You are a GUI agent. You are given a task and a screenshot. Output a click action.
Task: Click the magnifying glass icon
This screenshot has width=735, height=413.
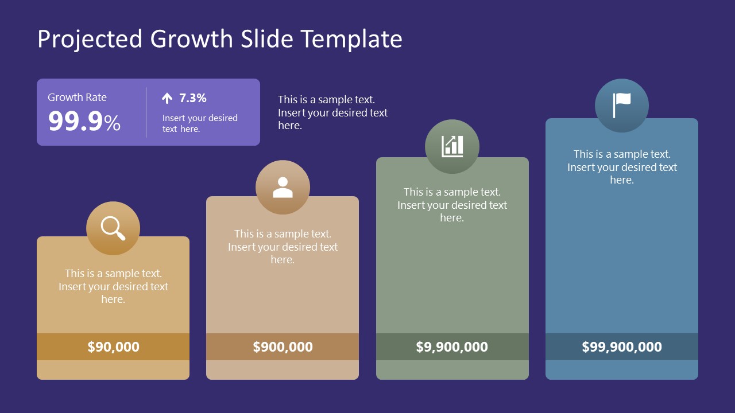click(113, 228)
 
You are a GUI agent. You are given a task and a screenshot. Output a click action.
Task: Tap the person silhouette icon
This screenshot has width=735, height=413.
click(283, 188)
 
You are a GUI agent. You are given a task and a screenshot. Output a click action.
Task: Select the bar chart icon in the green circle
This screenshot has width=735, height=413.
click(452, 146)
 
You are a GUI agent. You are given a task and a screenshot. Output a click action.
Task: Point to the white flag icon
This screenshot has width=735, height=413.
click(621, 105)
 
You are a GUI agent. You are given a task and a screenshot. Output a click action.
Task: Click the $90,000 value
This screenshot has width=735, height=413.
click(113, 346)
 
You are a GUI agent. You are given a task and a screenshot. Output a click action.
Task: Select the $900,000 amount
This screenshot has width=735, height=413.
click(283, 346)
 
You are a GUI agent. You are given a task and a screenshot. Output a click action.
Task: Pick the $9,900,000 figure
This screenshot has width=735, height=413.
click(452, 346)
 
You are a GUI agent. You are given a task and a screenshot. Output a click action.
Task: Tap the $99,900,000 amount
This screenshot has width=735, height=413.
click(621, 346)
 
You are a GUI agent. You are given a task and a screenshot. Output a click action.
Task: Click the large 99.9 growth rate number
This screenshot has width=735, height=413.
click(75, 122)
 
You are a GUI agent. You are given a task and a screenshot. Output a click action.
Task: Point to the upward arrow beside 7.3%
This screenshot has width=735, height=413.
click(167, 98)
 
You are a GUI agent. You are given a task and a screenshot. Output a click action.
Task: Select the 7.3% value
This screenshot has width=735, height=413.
click(193, 98)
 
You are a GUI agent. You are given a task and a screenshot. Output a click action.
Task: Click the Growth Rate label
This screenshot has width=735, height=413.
click(77, 98)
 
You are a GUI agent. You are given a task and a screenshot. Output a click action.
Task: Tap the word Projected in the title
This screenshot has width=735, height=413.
click(90, 39)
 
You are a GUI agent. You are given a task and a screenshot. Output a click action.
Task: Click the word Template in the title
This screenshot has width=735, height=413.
click(351, 39)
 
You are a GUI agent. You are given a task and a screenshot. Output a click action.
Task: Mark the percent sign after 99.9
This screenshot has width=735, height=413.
click(113, 123)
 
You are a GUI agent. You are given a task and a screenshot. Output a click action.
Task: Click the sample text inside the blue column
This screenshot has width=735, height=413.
click(622, 167)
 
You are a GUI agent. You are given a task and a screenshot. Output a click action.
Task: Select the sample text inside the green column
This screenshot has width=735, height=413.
click(452, 205)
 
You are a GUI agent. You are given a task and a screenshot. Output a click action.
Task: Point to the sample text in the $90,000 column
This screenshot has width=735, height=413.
click(113, 286)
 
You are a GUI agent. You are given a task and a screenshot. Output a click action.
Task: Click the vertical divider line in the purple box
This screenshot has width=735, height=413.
click(146, 112)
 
